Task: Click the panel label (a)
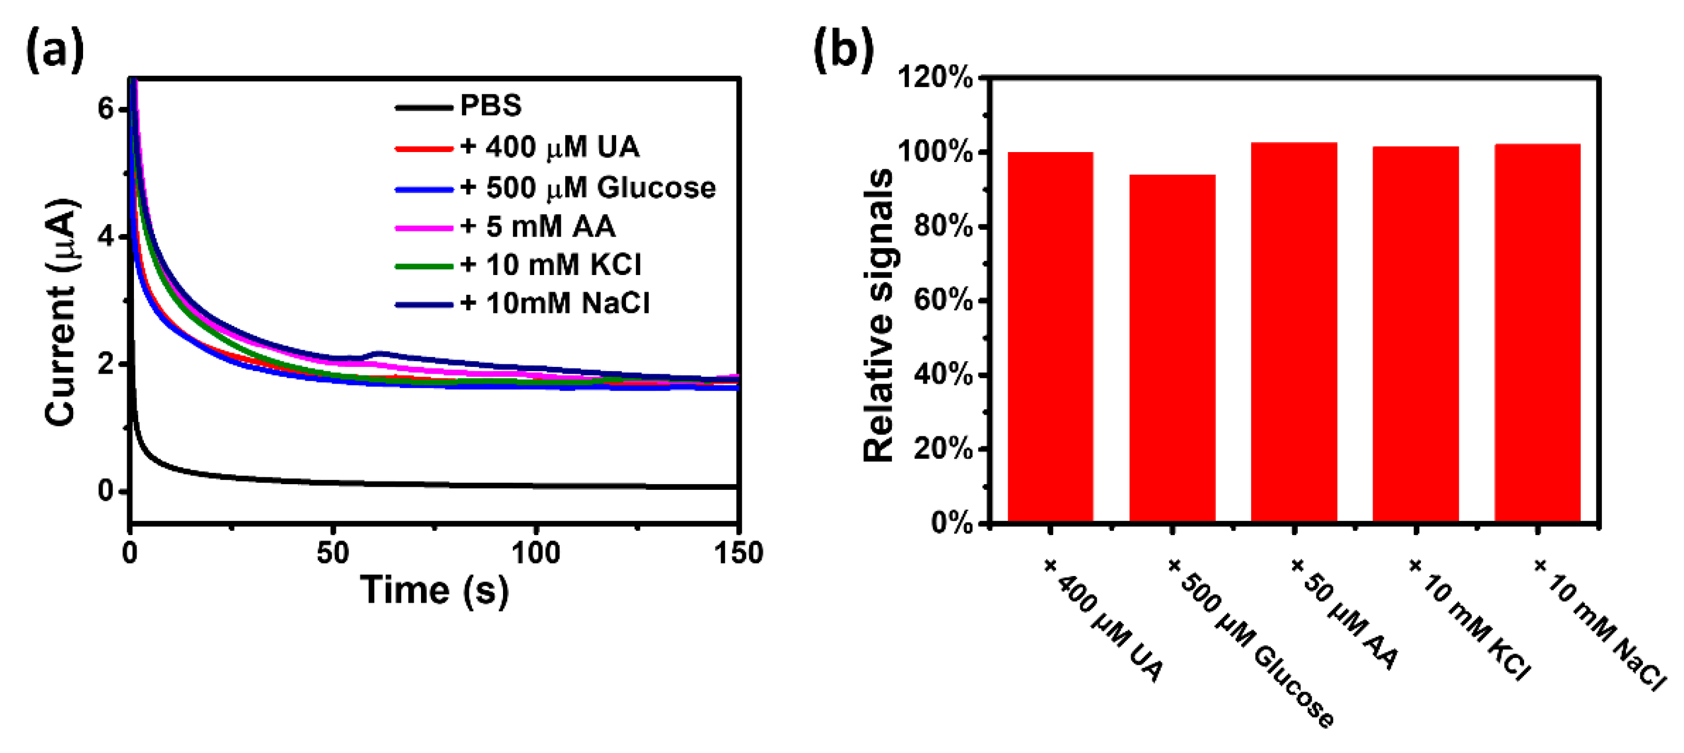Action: pyautogui.click(x=55, y=51)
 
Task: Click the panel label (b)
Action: pyautogui.click(x=844, y=51)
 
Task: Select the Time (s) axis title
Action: pyautogui.click(x=434, y=590)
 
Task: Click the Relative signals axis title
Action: pyautogui.click(x=878, y=315)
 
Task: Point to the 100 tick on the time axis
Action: pyautogui.click(x=535, y=554)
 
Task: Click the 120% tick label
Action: pyautogui.click(x=935, y=78)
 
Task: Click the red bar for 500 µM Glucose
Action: pyautogui.click(x=1172, y=348)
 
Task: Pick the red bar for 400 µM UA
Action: pyautogui.click(x=1051, y=337)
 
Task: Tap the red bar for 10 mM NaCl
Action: pyautogui.click(x=1538, y=332)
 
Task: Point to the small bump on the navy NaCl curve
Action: pyautogui.click(x=378, y=353)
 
